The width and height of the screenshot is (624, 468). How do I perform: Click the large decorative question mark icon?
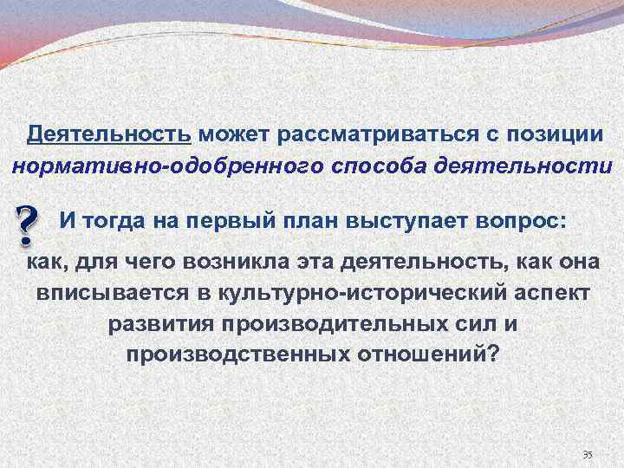[28, 224]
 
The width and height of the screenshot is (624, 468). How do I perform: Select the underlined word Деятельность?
[109, 135]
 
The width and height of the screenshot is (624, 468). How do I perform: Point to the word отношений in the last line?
[419, 354]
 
